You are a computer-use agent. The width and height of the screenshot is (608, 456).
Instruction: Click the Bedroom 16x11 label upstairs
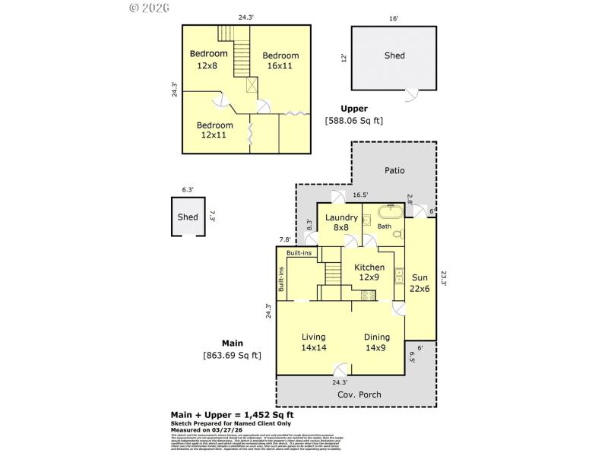point(280,61)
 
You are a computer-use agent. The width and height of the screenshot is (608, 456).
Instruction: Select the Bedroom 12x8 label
point(208,59)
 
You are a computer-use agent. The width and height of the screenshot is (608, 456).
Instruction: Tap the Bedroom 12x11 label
point(214,130)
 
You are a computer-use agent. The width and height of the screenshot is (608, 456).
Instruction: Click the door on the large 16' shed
point(410,95)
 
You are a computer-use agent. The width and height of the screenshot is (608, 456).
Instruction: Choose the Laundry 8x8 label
point(341,223)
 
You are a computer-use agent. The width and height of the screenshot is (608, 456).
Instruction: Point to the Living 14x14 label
point(313,342)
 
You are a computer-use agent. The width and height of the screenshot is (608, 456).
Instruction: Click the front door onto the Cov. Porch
point(341,369)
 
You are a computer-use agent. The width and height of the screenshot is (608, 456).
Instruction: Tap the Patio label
point(394,172)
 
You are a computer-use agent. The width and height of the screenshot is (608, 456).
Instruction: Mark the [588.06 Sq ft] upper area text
point(354,120)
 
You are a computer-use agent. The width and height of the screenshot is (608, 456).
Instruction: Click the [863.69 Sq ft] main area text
point(233,355)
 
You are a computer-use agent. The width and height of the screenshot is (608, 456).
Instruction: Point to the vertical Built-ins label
point(281,280)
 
